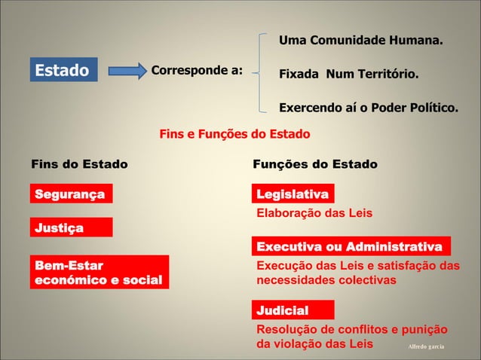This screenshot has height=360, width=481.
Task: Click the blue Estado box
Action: coord(63,71)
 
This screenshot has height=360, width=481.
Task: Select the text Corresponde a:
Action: coord(197,71)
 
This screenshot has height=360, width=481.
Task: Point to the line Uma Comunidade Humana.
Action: coord(361,39)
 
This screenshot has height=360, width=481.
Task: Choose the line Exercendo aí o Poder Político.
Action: coord(368,108)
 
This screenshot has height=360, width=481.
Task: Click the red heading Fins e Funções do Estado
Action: coord(234,135)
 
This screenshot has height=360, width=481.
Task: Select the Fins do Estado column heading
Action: coord(79,164)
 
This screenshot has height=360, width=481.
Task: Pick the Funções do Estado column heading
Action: coord(315,164)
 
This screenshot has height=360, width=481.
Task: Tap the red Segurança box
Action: coord(71,194)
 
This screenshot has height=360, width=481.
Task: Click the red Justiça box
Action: coord(71,227)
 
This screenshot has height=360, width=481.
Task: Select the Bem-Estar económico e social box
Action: coord(99,273)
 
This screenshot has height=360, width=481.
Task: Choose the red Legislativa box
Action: coord(293,195)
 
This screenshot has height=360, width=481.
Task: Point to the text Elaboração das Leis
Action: coord(315,213)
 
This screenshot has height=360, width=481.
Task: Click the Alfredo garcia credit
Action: coord(426,346)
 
